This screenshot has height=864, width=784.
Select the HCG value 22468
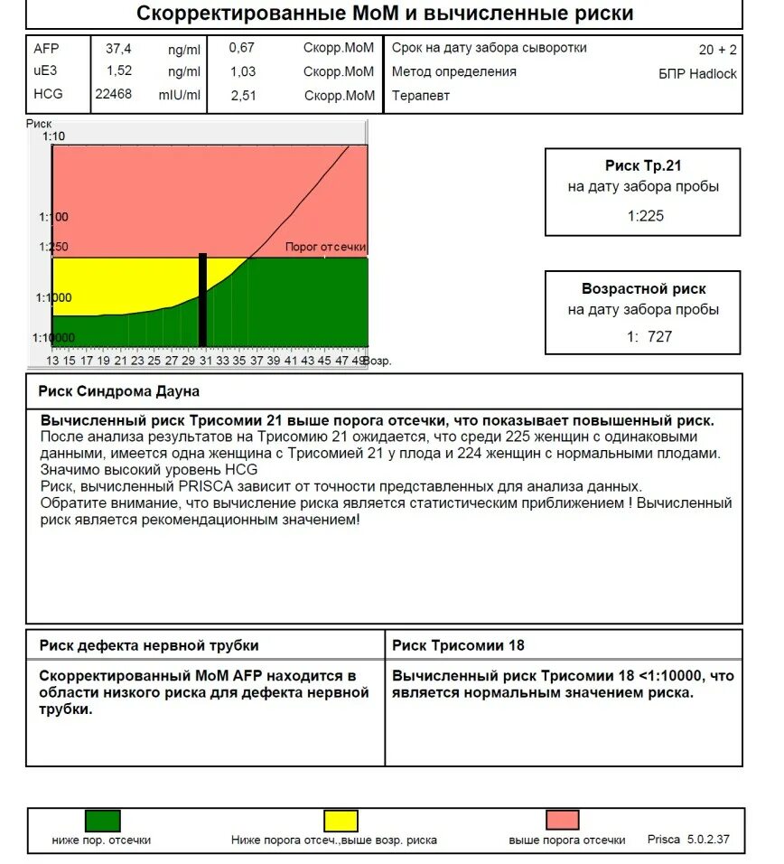click(113, 94)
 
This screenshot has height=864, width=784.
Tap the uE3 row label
click(44, 71)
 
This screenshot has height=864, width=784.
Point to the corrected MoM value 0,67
click(242, 49)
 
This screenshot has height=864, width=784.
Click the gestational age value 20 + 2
click(717, 51)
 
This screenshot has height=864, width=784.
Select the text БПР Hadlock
click(697, 74)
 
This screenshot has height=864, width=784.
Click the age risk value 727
click(658, 337)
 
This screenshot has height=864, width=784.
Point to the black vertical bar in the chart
click(202, 299)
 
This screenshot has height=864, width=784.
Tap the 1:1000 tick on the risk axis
click(53, 297)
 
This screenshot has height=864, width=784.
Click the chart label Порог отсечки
click(325, 247)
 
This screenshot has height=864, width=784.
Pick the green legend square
click(102, 821)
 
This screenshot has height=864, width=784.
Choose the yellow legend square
click(341, 821)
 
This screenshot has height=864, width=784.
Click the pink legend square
click(562, 821)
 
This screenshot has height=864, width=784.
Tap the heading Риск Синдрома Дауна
click(119, 391)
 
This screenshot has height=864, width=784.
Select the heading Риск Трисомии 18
click(458, 645)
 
